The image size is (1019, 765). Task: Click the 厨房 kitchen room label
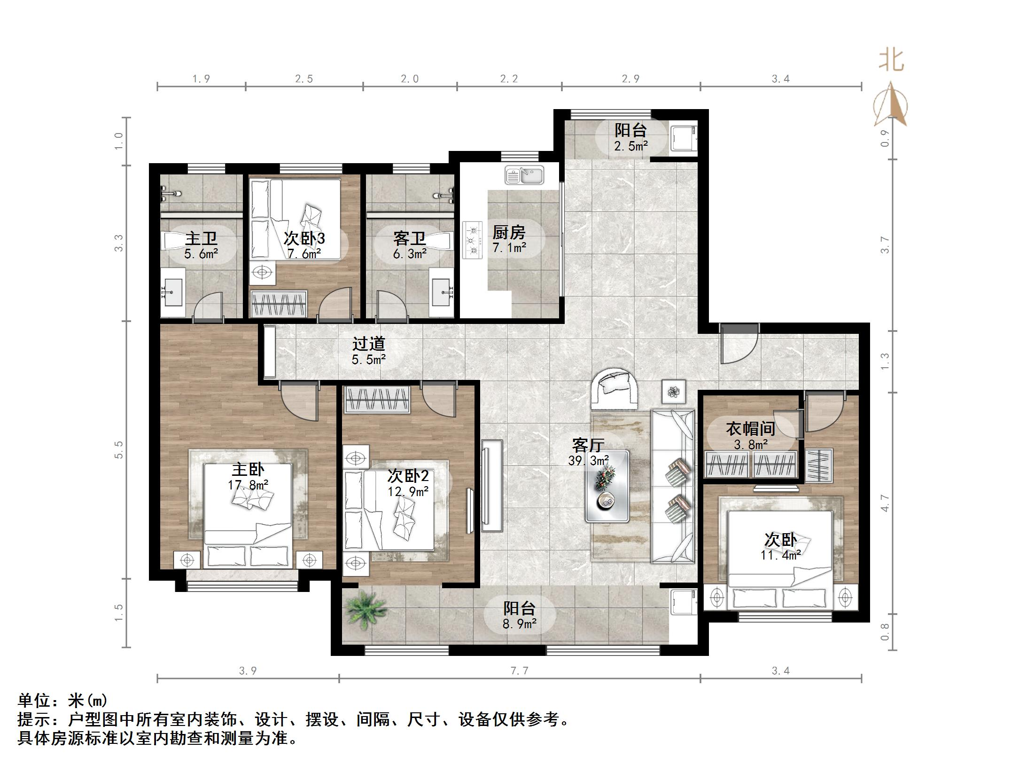(x=509, y=232)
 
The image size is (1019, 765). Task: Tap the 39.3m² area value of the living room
(x=588, y=461)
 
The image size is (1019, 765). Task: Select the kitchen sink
(x=524, y=175)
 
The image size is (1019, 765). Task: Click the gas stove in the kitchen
(x=474, y=240)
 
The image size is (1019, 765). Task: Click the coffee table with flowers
(x=607, y=486)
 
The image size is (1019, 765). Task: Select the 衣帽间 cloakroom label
(x=750, y=428)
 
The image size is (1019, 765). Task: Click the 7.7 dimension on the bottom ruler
(x=520, y=671)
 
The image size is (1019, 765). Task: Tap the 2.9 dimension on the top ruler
(x=630, y=79)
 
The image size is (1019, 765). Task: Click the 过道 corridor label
(x=369, y=344)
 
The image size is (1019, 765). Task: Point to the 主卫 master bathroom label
(x=201, y=238)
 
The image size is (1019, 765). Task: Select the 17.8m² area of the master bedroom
(x=248, y=485)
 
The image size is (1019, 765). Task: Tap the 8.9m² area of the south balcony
(x=520, y=624)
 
